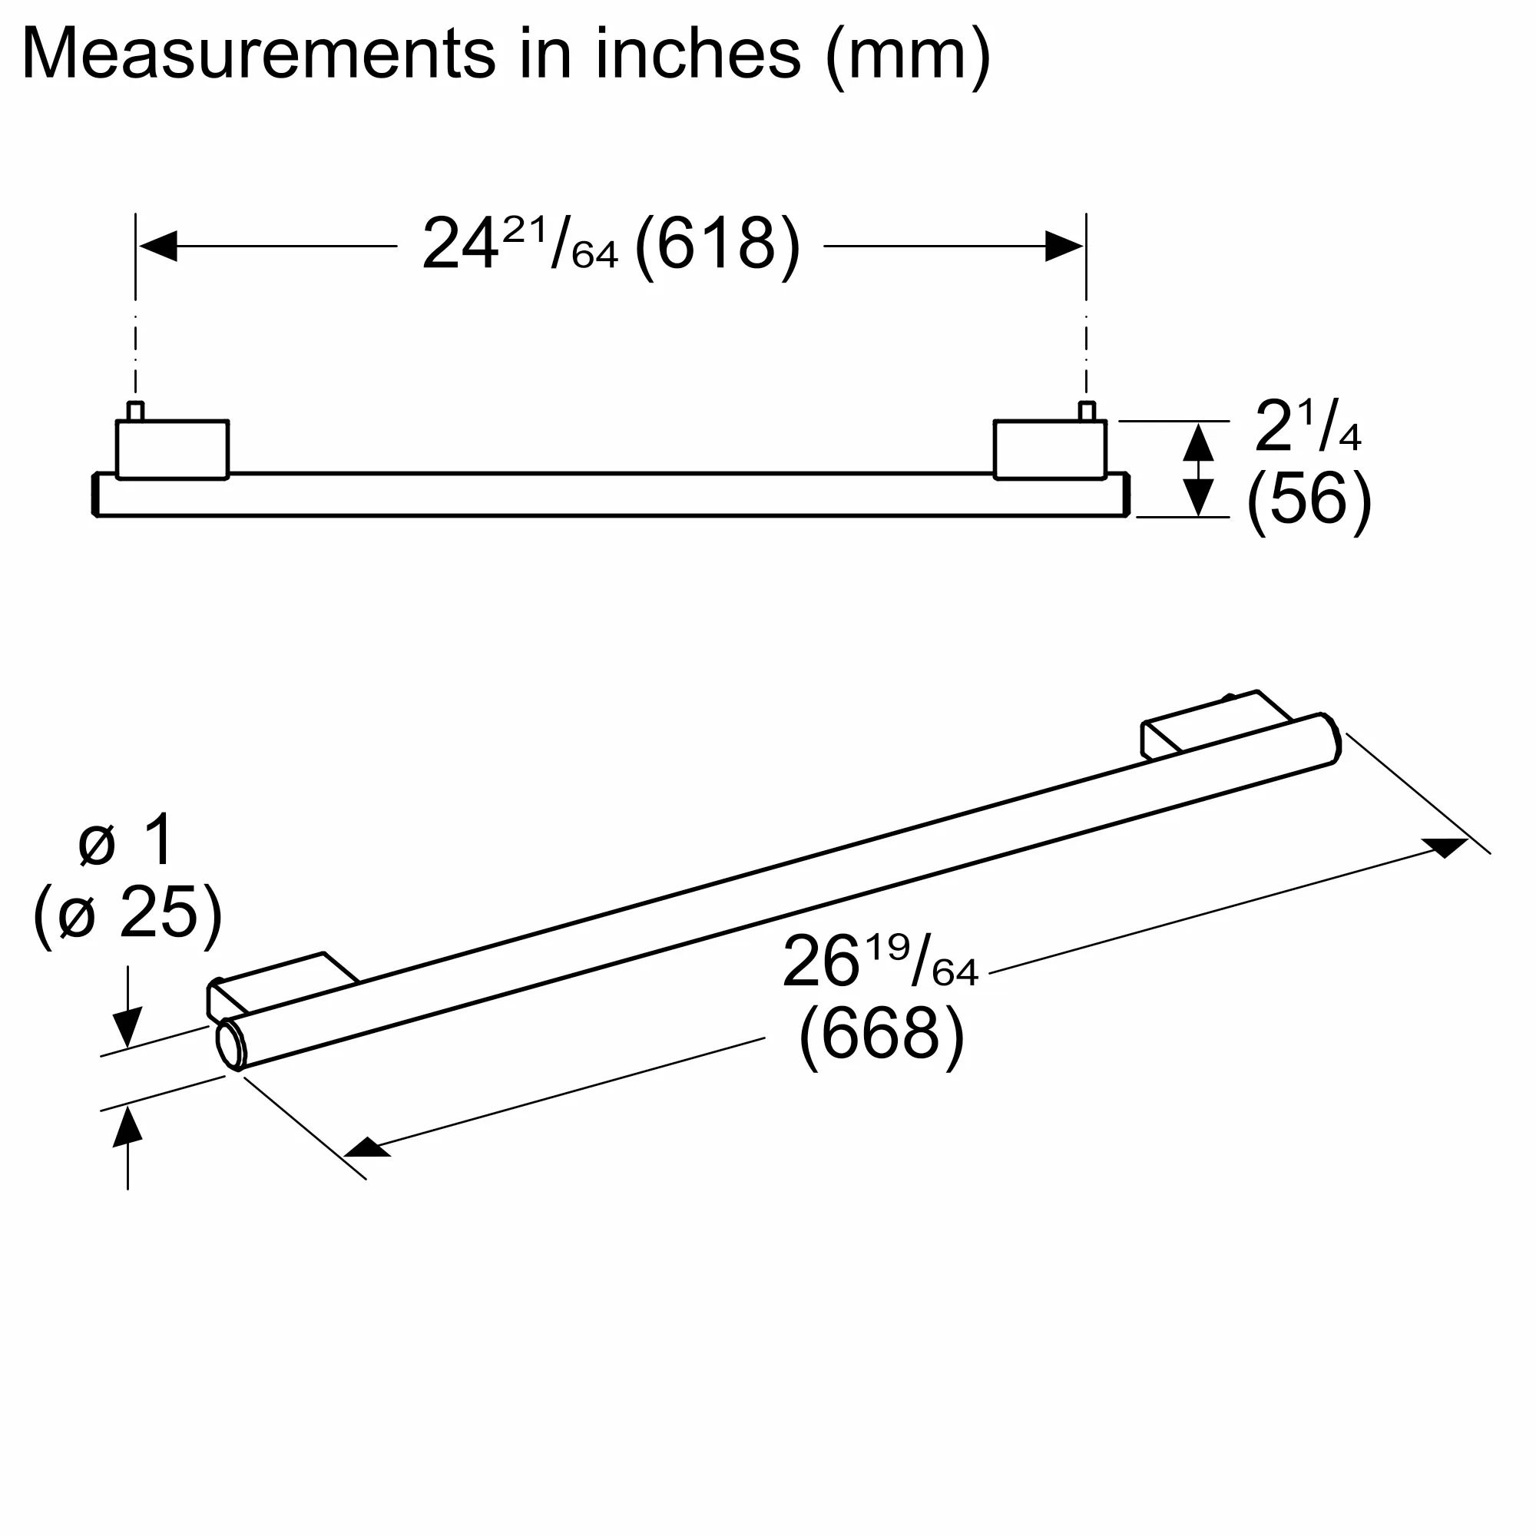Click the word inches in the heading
[697, 54]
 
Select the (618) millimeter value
[717, 247]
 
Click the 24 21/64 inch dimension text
[519, 244]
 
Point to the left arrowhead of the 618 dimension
[157, 247]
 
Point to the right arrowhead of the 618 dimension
[1064, 247]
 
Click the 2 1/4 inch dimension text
[1307, 426]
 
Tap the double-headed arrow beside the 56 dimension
[1198, 469]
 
